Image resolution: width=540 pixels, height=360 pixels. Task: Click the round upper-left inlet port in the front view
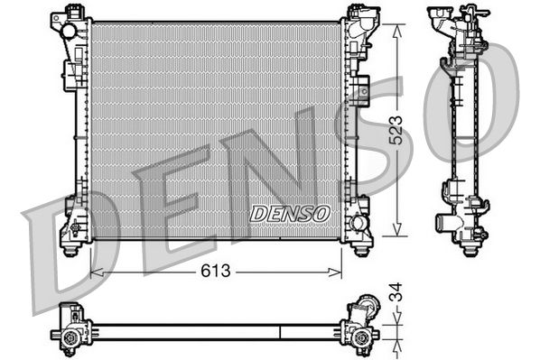pyautogui.click(x=70, y=30)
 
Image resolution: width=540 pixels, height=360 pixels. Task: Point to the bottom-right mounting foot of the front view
pyautogui.click(x=358, y=241)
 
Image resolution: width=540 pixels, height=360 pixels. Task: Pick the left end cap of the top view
pyautogui.click(x=71, y=329)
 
